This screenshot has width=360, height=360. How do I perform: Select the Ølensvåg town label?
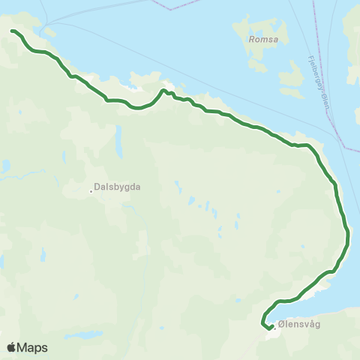point(299,325)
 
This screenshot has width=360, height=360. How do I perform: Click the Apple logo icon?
point(11,347)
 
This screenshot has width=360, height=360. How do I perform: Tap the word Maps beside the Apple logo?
point(32,348)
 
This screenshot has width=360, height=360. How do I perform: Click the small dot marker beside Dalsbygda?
point(91,190)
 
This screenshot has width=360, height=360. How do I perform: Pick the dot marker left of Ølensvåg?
point(274,325)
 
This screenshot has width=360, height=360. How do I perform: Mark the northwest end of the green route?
point(13,31)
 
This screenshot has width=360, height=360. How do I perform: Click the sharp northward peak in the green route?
point(163,91)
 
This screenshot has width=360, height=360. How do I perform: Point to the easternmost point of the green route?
point(349,240)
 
